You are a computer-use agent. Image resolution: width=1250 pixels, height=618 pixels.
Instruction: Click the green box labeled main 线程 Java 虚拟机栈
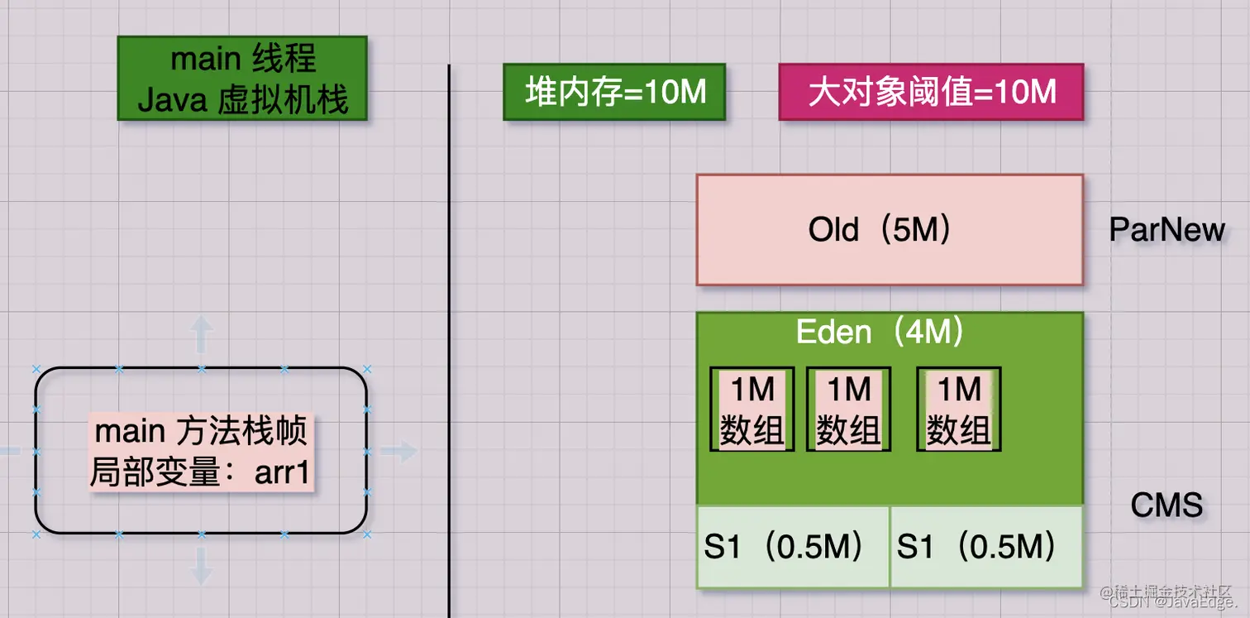pos(241,79)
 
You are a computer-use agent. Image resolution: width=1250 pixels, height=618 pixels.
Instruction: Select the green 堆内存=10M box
pos(614,92)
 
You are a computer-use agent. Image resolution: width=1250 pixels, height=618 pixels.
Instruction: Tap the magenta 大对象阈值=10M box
pos(931,92)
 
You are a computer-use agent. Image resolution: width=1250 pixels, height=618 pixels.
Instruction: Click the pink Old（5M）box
pos(889,230)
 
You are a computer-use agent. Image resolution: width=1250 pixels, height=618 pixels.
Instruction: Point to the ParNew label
pos(1167,230)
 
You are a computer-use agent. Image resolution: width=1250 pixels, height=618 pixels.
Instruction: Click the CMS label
pos(1166,504)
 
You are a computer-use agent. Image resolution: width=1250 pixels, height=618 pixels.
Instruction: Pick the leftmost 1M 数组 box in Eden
pos(752,409)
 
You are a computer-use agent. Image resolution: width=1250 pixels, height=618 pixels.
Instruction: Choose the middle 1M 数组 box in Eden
pos(848,409)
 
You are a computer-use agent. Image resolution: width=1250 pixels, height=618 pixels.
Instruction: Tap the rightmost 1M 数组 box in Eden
pos(959,409)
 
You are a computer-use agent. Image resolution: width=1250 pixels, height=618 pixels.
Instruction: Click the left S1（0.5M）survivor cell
pos(792,547)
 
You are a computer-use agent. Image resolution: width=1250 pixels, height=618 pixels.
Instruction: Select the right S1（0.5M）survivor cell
pos(985,547)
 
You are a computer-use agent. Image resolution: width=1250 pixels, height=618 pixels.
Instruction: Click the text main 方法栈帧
pos(201,431)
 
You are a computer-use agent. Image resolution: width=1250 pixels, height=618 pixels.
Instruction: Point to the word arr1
pos(282,473)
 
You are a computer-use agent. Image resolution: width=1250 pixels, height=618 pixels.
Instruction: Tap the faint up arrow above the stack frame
pos(201,335)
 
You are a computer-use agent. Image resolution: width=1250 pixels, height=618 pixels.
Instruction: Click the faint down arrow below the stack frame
pos(201,566)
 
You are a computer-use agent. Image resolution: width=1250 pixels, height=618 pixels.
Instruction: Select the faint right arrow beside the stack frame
pos(400,451)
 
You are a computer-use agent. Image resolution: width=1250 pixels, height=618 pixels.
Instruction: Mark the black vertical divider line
pos(449,331)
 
